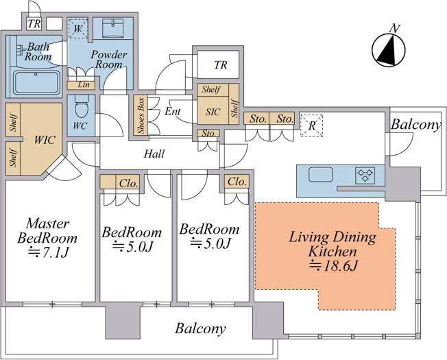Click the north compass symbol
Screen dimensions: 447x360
[388, 50]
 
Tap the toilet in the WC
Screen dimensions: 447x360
[82, 106]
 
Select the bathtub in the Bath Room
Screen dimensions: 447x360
[37, 82]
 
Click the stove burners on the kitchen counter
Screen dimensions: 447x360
[365, 175]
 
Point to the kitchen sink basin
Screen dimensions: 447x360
[320, 174]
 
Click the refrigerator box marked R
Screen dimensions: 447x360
[311, 125]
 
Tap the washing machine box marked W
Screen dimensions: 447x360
[78, 28]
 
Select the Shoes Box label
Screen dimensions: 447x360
[141, 115]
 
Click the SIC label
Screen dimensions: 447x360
[213, 112]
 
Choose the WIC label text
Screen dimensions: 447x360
[45, 140]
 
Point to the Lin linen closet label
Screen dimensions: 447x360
[84, 84]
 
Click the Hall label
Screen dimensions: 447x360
[154, 154]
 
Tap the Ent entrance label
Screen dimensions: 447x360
[173, 111]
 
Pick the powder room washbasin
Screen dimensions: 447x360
[112, 28]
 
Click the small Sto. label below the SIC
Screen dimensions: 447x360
[208, 133]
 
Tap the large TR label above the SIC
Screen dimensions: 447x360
[221, 65]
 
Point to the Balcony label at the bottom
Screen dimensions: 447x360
[200, 328]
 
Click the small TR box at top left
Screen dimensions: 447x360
[34, 24]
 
